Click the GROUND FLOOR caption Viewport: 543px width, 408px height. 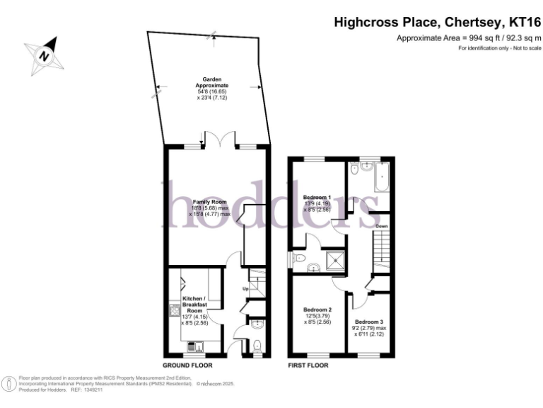[x=188, y=365]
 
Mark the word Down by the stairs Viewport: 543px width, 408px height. [x=381, y=226]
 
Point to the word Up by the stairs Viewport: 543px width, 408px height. [x=245, y=289]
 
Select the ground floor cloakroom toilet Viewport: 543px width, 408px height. [x=256, y=346]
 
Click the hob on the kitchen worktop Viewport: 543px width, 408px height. [x=173, y=310]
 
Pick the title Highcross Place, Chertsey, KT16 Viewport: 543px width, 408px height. [x=437, y=23]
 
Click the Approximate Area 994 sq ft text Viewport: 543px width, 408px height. [x=469, y=38]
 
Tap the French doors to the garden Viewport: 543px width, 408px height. [x=219, y=140]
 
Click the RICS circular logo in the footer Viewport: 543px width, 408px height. [x=8, y=383]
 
